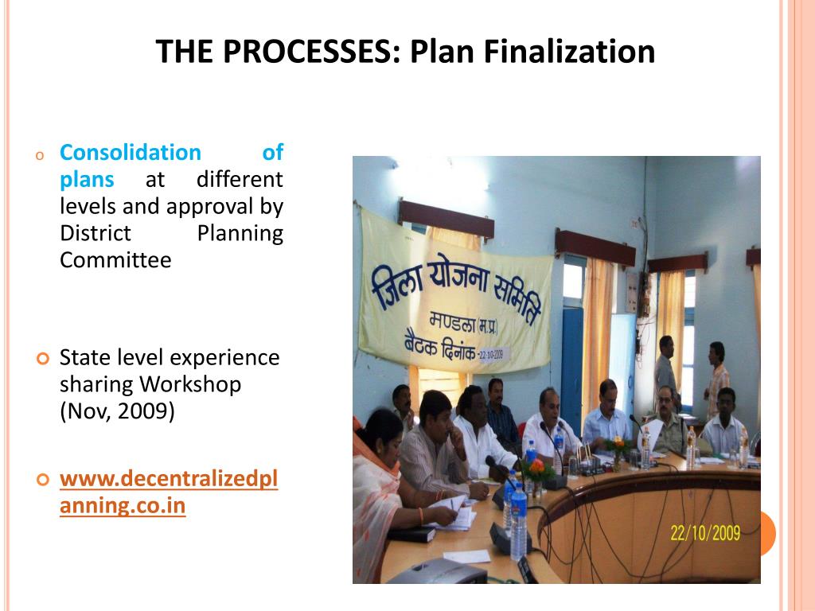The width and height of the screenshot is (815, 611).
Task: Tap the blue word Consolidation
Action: pos(131,152)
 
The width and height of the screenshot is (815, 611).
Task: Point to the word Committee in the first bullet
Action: pos(115,260)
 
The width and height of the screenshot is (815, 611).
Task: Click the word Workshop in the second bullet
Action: pos(190,384)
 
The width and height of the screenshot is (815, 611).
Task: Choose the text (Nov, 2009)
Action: pos(117,412)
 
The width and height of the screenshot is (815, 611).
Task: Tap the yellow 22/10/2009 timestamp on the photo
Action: pos(705,532)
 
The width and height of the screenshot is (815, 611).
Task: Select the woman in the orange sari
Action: pos(382,485)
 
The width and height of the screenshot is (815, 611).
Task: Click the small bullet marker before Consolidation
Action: pos(37,154)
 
